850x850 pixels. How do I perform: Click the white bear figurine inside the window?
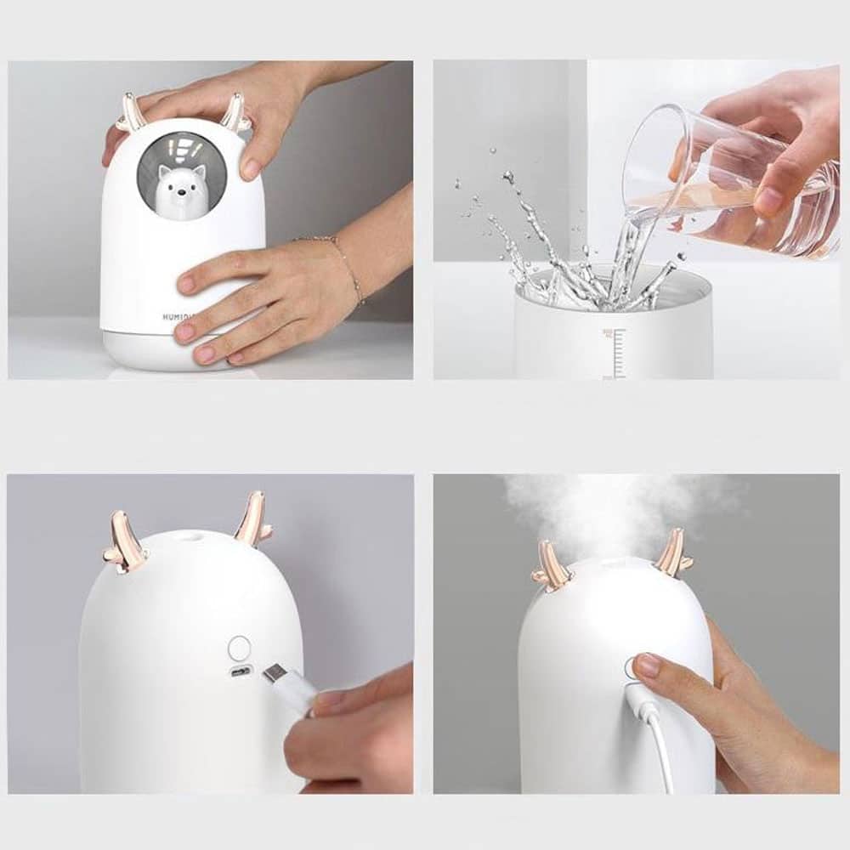(x=177, y=188)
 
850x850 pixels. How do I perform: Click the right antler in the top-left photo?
(x=234, y=113)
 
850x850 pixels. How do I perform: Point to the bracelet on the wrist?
(x=348, y=267)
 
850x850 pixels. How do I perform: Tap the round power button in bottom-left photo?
(x=240, y=648)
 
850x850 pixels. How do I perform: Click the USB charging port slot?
(x=241, y=671)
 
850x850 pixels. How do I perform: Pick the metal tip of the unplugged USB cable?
(x=275, y=675)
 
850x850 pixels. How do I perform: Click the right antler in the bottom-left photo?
(x=252, y=520)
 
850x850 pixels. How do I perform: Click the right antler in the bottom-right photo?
(x=671, y=553)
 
